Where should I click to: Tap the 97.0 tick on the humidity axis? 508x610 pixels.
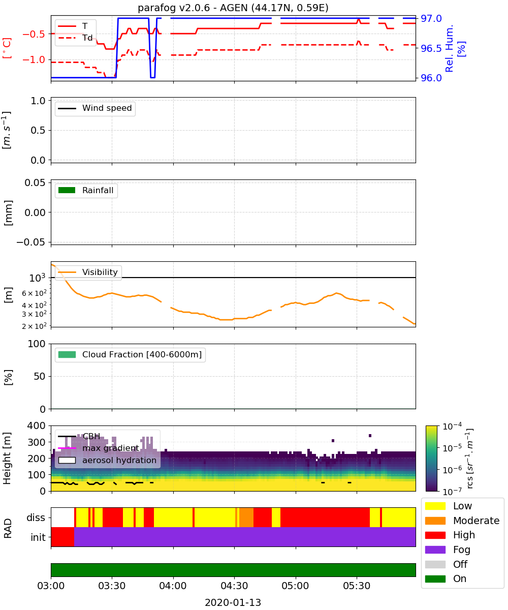pyautogui.click(x=431, y=19)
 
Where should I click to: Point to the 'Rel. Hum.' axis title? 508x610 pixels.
pyautogui.click(x=449, y=48)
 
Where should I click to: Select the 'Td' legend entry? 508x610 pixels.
pyautogui.click(x=75, y=38)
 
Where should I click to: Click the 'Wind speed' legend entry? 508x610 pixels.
pyautogui.click(x=95, y=108)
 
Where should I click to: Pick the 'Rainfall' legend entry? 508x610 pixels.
pyautogui.click(x=86, y=191)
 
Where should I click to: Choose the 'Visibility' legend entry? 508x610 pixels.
pyautogui.click(x=88, y=272)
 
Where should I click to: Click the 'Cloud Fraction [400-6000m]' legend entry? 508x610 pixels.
pyautogui.click(x=130, y=355)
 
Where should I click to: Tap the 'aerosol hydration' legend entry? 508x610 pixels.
pyautogui.click(x=107, y=460)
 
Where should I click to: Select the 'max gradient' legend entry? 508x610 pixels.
pyautogui.click(x=99, y=448)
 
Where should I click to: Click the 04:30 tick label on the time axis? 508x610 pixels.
pyautogui.click(x=234, y=586)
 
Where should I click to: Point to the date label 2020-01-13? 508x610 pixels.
pyautogui.click(x=233, y=602)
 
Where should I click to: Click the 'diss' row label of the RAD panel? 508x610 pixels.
pyautogui.click(x=36, y=517)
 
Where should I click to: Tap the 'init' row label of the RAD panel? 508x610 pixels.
pyautogui.click(x=38, y=537)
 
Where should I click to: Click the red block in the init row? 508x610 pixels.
pyautogui.click(x=62, y=537)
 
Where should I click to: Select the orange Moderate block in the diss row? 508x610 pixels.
pyautogui.click(x=246, y=517)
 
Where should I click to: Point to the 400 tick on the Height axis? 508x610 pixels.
pyautogui.click(x=36, y=425)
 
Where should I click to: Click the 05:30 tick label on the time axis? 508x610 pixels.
pyautogui.click(x=357, y=586)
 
